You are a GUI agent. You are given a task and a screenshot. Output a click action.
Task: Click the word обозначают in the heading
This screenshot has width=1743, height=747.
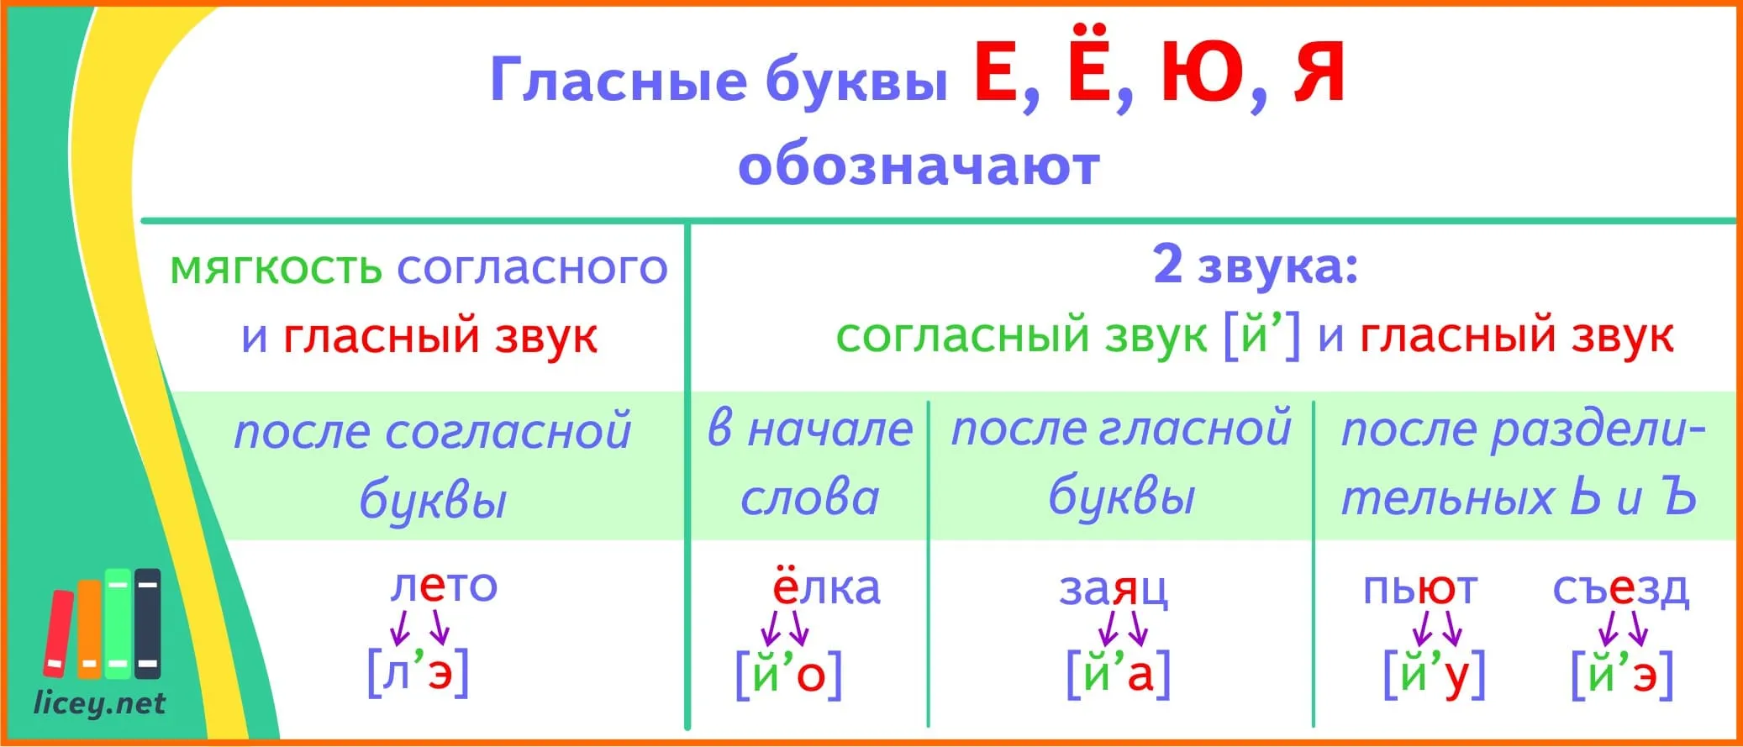(919, 166)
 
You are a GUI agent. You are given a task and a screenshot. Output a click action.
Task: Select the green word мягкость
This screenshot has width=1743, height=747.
(276, 269)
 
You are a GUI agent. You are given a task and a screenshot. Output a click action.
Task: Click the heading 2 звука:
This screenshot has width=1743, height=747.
(1256, 265)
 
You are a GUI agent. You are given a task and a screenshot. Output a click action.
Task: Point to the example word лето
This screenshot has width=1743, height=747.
(444, 585)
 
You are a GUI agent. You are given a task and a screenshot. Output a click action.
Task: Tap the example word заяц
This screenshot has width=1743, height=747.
(1113, 589)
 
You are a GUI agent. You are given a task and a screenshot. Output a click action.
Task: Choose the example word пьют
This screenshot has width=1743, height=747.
(1419, 588)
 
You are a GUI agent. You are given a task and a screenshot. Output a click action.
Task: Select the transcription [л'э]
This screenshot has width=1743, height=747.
(418, 671)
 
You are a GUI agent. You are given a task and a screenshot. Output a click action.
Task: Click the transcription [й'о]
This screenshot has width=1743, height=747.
(788, 673)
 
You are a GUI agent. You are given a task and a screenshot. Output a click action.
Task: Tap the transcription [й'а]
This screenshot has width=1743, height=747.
(1118, 672)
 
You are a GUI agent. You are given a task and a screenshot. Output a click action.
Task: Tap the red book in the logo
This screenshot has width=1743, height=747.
(58, 633)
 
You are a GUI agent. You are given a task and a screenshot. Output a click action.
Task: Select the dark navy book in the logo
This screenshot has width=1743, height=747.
(148, 623)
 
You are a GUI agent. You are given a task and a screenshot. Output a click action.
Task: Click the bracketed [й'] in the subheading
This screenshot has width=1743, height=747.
(1261, 335)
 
